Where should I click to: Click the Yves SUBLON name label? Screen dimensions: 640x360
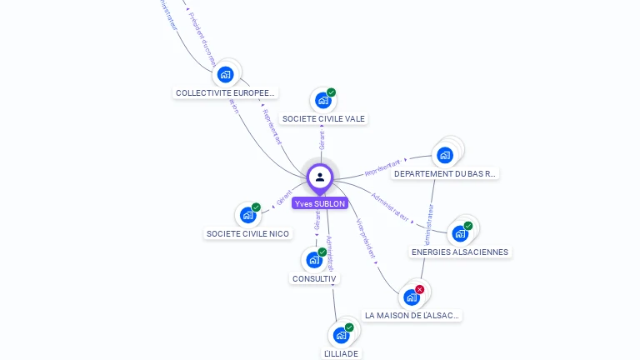click(x=320, y=202)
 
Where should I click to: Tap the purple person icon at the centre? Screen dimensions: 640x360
click(x=320, y=177)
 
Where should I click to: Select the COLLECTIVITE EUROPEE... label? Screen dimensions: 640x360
click(x=225, y=92)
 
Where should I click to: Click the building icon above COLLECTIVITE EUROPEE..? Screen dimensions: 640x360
click(x=225, y=74)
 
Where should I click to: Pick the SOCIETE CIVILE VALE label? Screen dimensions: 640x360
click(x=323, y=119)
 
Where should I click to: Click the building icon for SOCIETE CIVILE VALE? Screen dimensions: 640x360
click(x=322, y=101)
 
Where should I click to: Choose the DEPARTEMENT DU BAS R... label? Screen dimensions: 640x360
click(x=445, y=174)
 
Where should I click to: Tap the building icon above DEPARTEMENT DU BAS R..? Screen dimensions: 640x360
click(x=445, y=155)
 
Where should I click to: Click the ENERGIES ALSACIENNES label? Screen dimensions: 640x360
click(x=459, y=252)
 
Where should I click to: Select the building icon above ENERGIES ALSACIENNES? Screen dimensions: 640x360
click(x=459, y=233)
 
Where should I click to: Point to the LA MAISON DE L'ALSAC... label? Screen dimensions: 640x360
click(x=412, y=316)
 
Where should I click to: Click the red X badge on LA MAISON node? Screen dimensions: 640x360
click(x=419, y=290)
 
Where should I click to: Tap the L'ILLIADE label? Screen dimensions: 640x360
click(x=341, y=353)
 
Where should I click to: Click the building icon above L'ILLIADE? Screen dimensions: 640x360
click(x=341, y=335)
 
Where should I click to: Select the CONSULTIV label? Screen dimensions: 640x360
click(x=315, y=278)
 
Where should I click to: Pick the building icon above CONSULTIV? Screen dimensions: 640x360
click(x=314, y=259)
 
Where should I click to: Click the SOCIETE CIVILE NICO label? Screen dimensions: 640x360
click(x=247, y=234)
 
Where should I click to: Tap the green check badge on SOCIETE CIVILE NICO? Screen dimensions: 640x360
click(x=256, y=207)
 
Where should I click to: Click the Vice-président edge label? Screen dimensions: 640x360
click(x=365, y=237)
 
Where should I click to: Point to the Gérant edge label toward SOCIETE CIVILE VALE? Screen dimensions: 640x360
click(x=322, y=139)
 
